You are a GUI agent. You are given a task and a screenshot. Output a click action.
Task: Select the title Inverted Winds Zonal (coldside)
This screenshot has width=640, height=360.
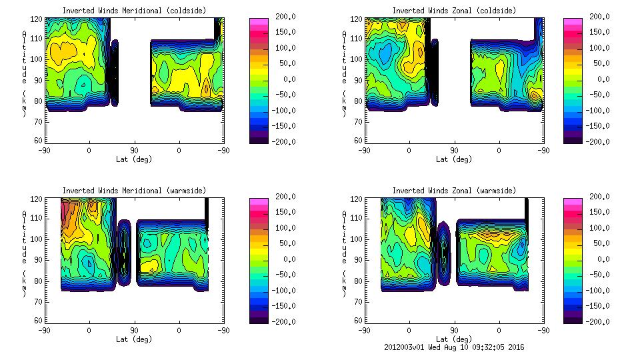[x=454, y=11]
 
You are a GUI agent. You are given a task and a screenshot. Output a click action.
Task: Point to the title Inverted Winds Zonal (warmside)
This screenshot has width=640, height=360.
[x=454, y=191]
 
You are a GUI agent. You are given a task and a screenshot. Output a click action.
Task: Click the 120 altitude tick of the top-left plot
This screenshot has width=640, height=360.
[x=37, y=19]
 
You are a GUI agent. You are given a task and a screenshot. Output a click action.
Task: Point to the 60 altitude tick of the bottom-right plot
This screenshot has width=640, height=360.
[x=358, y=321]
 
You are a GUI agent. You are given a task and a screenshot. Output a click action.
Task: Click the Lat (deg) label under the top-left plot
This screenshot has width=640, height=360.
[x=133, y=159]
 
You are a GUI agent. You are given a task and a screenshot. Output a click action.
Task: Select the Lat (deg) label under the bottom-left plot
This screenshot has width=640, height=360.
[x=133, y=339]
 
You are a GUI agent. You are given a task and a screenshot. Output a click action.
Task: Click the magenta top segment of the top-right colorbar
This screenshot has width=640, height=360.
[x=573, y=21]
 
